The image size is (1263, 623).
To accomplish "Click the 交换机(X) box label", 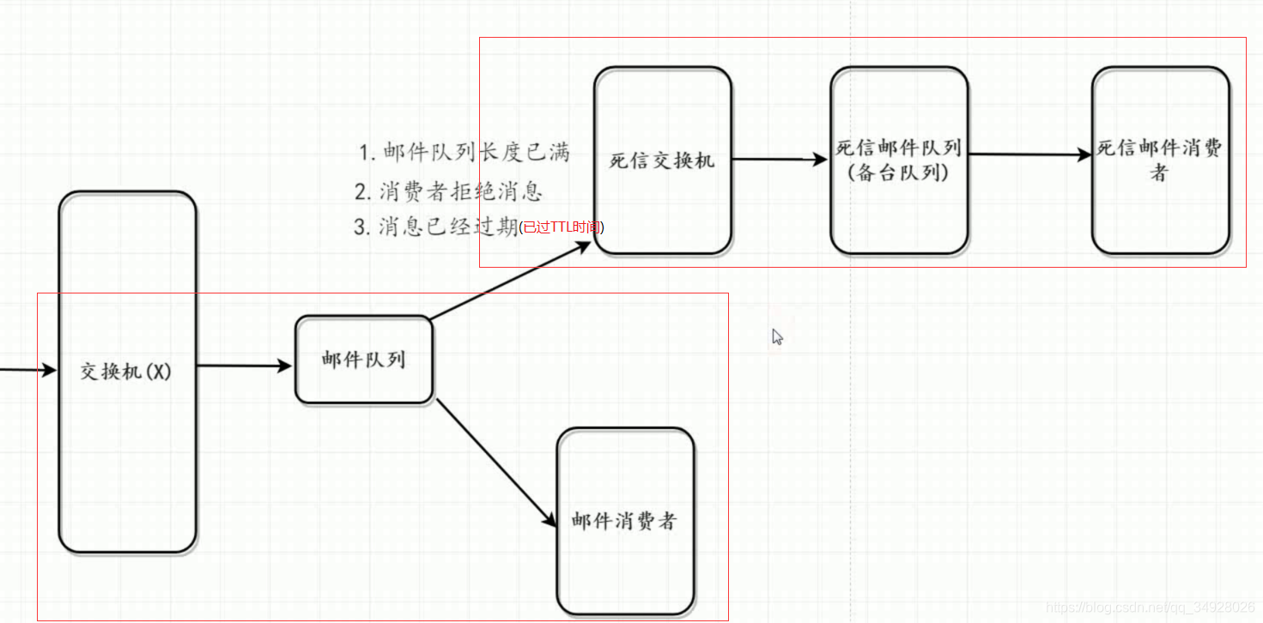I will tap(126, 372).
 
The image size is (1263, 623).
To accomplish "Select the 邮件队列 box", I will tap(363, 360).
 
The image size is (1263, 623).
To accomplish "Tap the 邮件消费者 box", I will tap(624, 520).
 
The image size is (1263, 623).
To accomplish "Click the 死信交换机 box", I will tap(662, 160).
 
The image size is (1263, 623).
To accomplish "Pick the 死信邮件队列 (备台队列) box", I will tap(898, 160).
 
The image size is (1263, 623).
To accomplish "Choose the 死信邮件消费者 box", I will tap(1160, 160).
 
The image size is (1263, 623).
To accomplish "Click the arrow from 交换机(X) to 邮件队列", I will tap(245, 366).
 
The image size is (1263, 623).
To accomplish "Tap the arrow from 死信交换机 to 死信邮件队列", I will tap(779, 159).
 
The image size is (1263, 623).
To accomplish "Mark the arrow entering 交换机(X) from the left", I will tap(26, 370).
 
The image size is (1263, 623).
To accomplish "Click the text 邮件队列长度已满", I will tap(477, 153).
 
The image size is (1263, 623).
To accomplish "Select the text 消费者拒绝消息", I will tap(460, 191).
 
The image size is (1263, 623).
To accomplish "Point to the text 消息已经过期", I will tap(448, 227).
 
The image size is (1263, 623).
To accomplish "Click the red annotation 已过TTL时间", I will tap(562, 227).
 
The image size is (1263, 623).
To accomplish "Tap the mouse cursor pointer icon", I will tap(777, 337).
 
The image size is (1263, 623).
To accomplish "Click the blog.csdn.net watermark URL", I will tap(1151, 608).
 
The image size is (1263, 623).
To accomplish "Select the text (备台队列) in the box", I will tap(898, 172).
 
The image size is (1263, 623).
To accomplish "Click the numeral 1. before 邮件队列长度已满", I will tap(367, 154).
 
